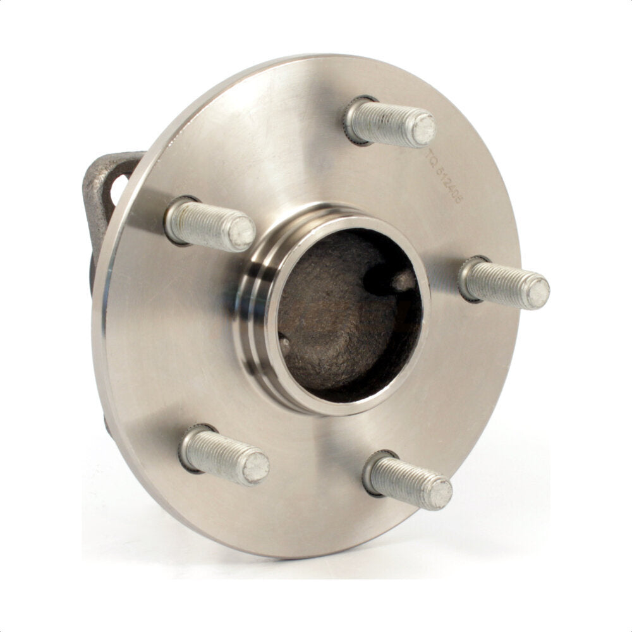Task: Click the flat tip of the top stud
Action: [423, 129]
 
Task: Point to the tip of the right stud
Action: [537, 293]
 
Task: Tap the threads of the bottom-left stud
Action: [219, 454]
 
